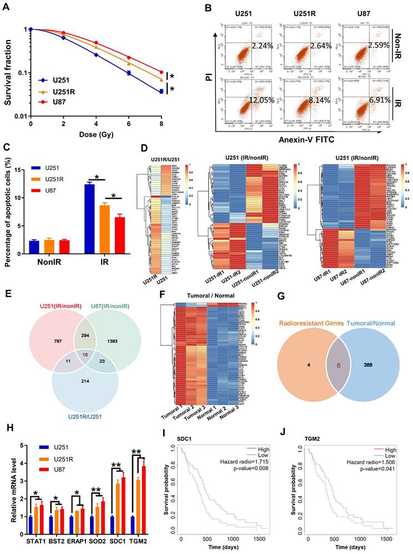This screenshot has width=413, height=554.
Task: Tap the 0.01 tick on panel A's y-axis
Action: tap(19, 115)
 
